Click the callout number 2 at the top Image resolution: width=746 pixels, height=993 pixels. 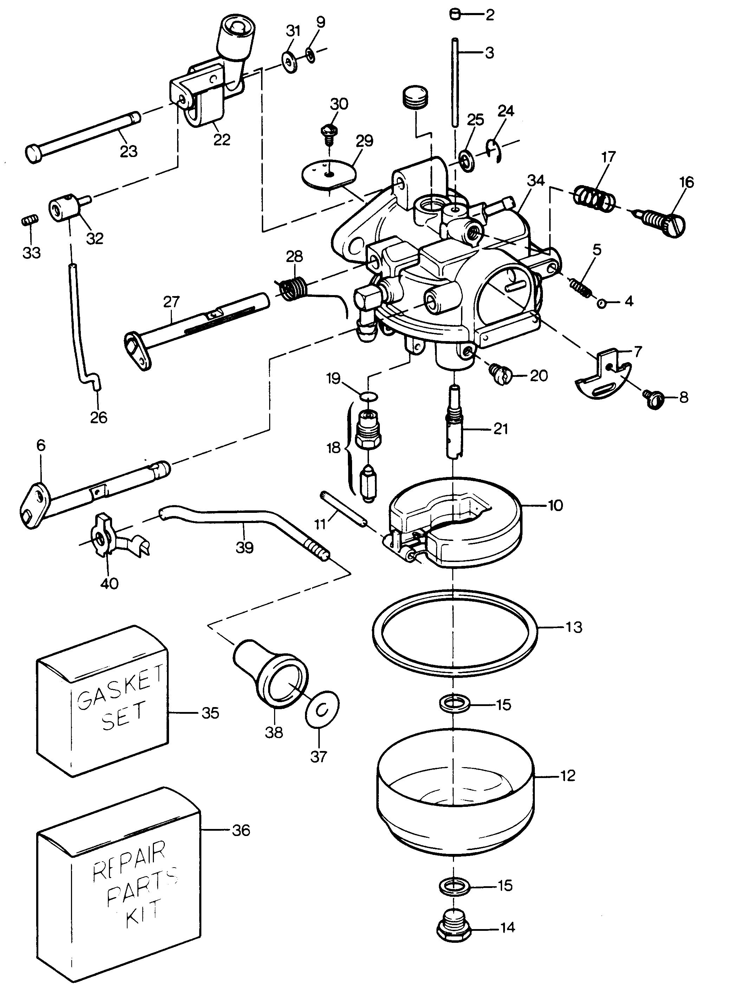[489, 15]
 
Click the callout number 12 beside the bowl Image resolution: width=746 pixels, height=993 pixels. [567, 776]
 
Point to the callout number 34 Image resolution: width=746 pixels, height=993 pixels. [536, 181]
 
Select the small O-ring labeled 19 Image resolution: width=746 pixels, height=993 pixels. [369, 396]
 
